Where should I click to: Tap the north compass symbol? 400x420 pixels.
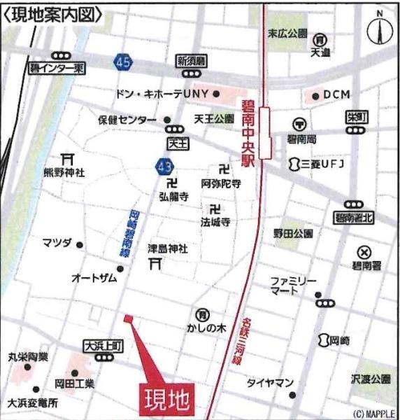tap(380, 30)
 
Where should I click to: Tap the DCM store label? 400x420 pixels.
tap(337, 94)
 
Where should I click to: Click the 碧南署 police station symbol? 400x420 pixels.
tap(364, 252)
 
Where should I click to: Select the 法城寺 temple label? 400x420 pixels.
tap(216, 222)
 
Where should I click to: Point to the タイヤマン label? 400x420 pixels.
tap(270, 383)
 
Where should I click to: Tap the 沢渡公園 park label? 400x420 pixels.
tap(370, 379)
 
